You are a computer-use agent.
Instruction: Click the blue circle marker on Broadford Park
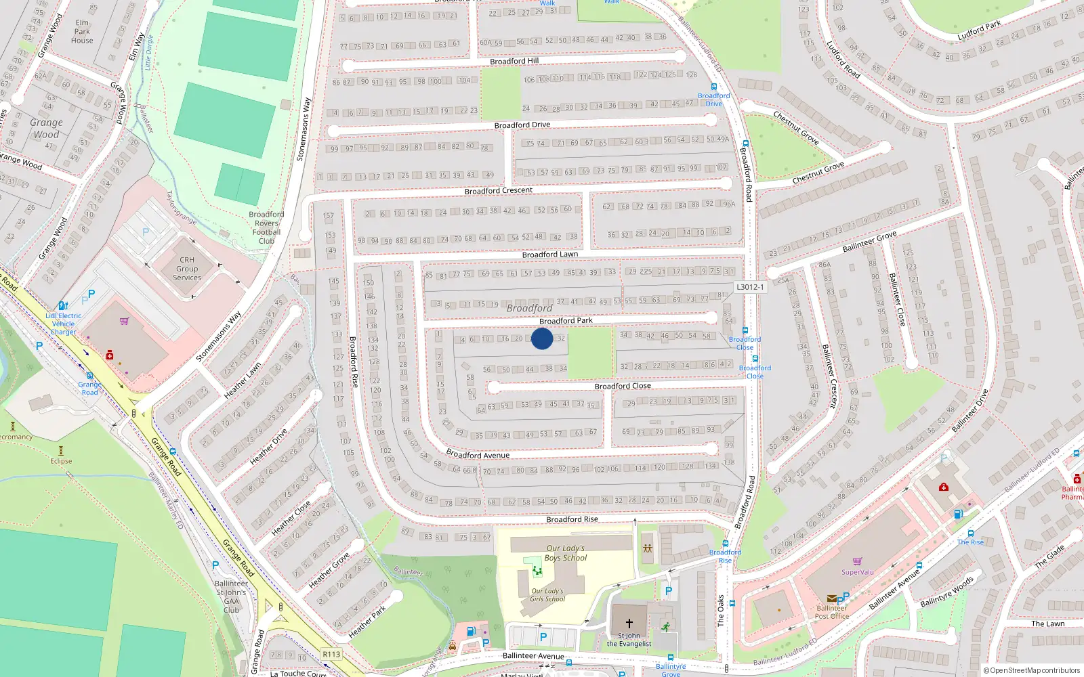[542, 338]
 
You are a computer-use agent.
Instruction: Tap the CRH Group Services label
[187, 269]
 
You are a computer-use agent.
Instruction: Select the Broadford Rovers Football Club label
[266, 227]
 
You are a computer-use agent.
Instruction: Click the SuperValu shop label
[857, 572]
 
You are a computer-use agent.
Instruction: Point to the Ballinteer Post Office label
[831, 612]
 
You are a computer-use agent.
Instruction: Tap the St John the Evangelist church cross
[629, 623]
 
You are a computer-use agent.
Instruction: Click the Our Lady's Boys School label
[566, 553]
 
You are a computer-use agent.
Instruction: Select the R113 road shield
[331, 654]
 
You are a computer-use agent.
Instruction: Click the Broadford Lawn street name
[550, 255]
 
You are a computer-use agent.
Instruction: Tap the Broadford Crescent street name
[499, 191]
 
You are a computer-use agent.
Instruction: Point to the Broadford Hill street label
[514, 61]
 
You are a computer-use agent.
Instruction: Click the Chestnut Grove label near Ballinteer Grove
[818, 173]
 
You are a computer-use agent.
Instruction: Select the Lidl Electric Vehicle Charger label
[64, 324]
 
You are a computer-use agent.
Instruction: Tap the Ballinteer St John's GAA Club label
[231, 596]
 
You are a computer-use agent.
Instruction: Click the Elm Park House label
[82, 31]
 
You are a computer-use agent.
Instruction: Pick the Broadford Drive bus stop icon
[713, 87]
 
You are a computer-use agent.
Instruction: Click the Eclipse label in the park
[61, 461]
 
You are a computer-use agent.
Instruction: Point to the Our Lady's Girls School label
[547, 594]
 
